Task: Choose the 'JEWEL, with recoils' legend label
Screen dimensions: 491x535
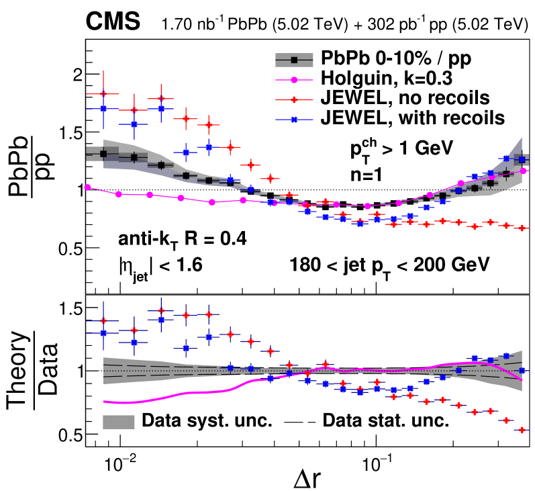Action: [414, 118]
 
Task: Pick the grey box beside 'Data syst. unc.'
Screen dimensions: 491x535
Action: [119, 421]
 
